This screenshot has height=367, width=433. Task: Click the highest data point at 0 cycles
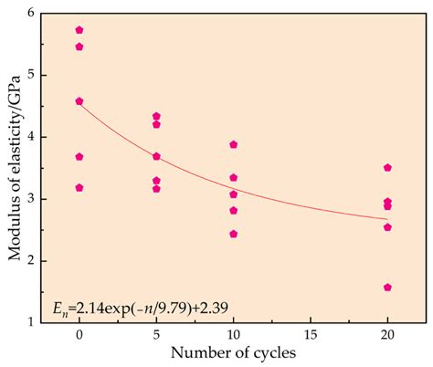[79, 30]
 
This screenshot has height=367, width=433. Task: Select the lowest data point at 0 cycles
[79, 187]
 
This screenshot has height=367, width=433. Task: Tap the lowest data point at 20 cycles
[387, 288]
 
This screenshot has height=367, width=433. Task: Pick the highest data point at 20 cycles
[387, 168]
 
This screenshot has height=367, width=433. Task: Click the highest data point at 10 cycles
[234, 144]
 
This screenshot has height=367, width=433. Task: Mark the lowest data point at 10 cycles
[234, 234]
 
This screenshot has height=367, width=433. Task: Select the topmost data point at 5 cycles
[156, 117]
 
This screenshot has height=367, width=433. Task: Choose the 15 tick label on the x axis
[311, 335]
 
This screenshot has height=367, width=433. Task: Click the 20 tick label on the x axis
[387, 335]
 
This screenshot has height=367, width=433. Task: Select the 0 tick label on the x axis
[79, 335]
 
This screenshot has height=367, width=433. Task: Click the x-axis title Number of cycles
[234, 353]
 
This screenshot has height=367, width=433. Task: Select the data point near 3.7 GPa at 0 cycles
[79, 157]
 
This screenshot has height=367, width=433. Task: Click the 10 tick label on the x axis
[234, 335]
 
